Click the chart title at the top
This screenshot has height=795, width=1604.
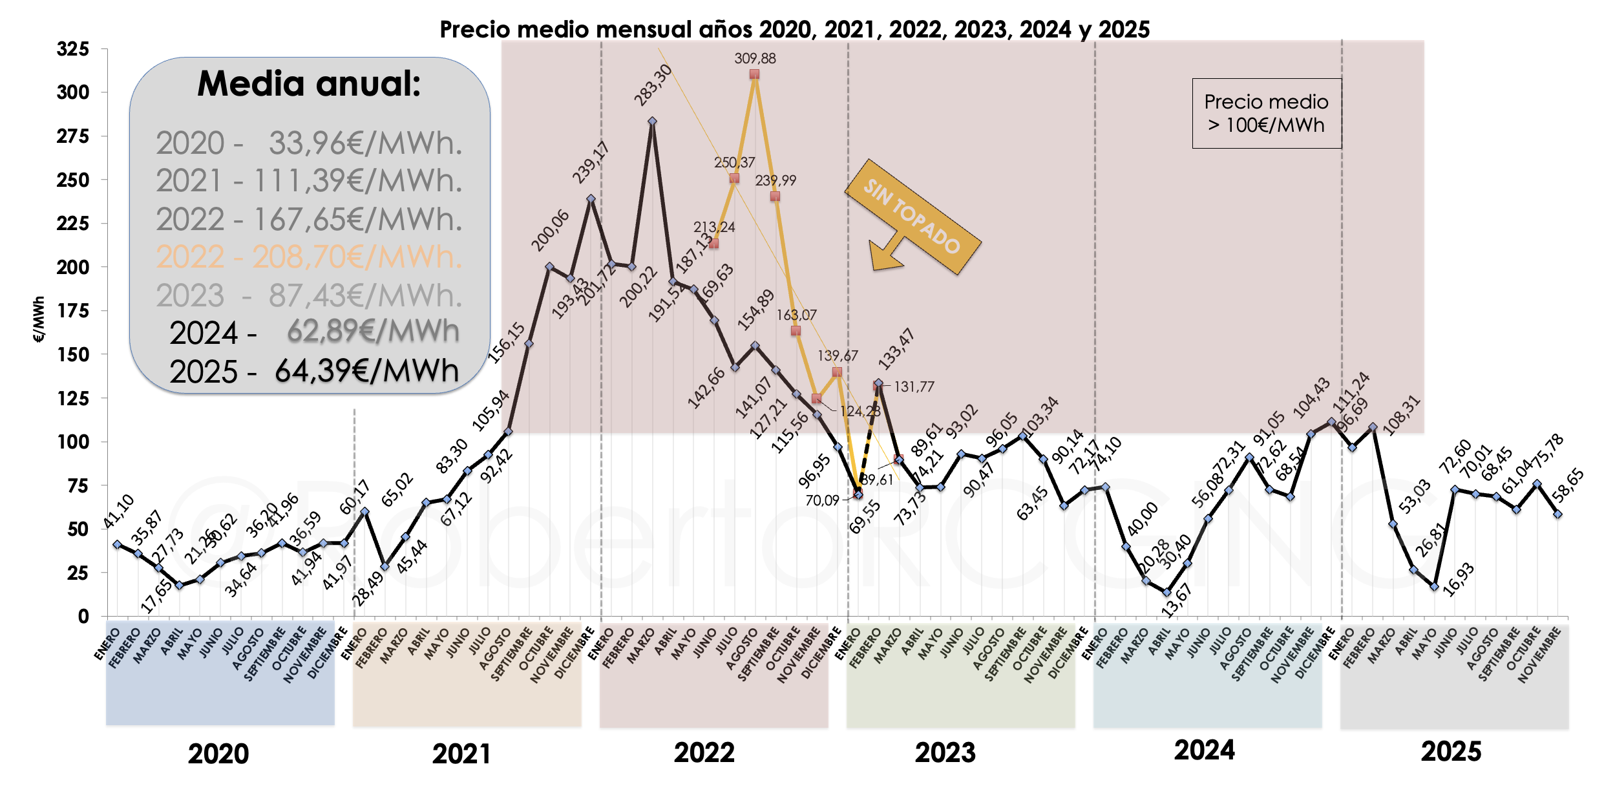tap(794, 29)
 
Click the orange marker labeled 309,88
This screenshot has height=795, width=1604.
tap(754, 74)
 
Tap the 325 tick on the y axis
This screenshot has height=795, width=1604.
tap(72, 49)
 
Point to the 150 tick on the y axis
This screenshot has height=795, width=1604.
tap(72, 354)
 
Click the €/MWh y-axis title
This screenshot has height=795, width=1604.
tap(39, 319)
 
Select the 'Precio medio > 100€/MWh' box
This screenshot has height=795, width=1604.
tap(1266, 114)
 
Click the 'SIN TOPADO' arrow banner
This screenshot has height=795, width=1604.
tap(913, 217)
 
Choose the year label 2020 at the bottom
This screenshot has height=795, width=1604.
tap(218, 754)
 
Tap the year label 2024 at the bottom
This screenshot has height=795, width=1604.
tap(1204, 750)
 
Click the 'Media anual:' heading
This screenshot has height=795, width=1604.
tap(309, 84)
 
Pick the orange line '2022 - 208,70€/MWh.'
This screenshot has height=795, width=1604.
tap(309, 257)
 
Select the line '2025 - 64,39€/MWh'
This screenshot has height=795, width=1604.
tap(314, 372)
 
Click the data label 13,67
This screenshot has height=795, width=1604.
tap(1176, 600)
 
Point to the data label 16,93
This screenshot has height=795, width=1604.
tap(1459, 579)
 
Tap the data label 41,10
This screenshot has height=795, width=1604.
tap(118, 511)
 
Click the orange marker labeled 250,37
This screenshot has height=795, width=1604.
tap(734, 178)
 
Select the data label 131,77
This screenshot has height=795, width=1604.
tap(914, 387)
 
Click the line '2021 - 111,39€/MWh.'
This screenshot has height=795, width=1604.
tap(309, 181)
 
